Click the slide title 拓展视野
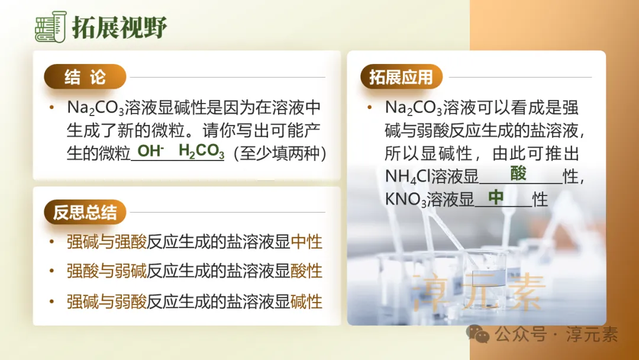click(120, 27)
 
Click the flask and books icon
click(51, 27)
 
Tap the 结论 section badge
click(85, 77)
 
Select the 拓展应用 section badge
click(401, 77)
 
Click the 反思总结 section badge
click(85, 213)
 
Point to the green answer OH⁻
click(150, 151)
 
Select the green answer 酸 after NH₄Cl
click(518, 173)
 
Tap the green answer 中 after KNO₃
click(495, 197)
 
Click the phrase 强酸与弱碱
click(106, 271)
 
